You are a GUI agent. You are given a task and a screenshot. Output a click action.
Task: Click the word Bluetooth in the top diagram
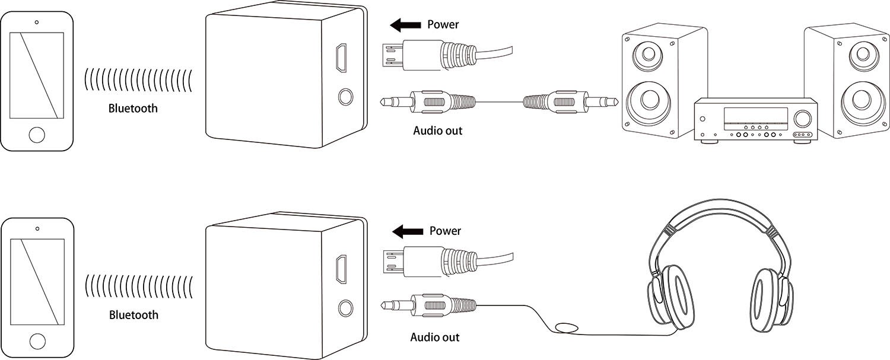click(133, 109)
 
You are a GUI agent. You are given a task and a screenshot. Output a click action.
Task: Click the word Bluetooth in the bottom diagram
click(133, 315)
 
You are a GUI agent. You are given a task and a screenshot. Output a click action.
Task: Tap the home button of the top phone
click(37, 134)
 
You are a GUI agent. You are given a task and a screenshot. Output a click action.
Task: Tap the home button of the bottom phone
click(37, 341)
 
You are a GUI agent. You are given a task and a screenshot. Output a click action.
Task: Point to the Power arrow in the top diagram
click(405, 25)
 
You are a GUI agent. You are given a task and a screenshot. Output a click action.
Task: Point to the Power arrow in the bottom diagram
click(407, 231)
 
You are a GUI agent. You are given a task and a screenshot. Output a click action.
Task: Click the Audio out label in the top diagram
click(437, 130)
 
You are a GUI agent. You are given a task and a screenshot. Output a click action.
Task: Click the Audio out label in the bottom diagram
click(435, 337)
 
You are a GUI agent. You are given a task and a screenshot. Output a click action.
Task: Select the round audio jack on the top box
click(343, 97)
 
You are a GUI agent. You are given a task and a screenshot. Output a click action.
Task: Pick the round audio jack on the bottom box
click(344, 307)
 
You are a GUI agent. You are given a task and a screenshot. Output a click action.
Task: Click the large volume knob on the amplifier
click(803, 118)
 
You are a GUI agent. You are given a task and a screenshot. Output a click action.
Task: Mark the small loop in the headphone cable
click(568, 327)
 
